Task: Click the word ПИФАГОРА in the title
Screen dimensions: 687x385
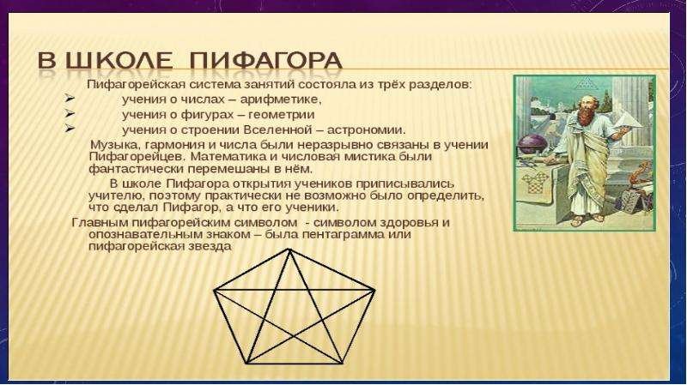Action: click(266, 61)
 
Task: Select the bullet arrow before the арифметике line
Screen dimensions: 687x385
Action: click(70, 99)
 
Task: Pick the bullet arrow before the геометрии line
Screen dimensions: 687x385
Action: click(70, 114)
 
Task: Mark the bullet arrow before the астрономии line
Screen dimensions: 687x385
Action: click(70, 129)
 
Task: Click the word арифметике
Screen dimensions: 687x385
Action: click(281, 99)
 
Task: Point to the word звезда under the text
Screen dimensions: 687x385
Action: click(211, 246)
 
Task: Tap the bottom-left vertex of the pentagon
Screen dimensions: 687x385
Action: click(247, 363)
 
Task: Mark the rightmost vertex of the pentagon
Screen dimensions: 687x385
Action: click(374, 290)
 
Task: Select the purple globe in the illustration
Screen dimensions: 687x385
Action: click(532, 144)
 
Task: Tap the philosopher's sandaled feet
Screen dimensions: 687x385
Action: click(588, 219)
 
